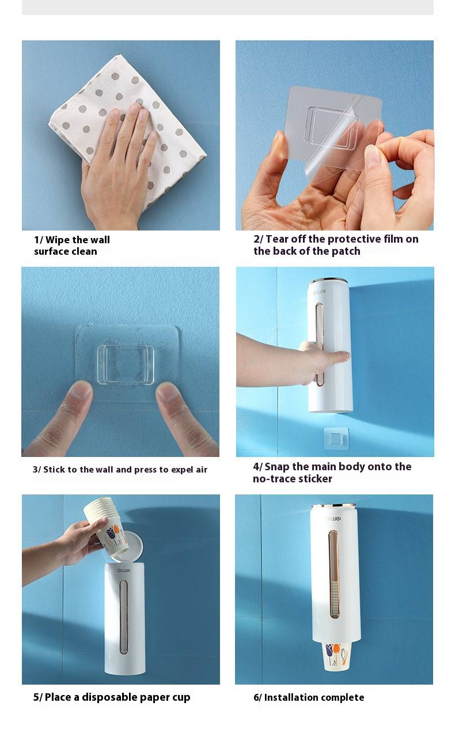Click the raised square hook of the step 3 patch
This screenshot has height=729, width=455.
[126, 364]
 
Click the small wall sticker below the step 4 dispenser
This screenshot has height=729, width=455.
[336, 439]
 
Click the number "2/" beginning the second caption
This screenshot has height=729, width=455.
[259, 239]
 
